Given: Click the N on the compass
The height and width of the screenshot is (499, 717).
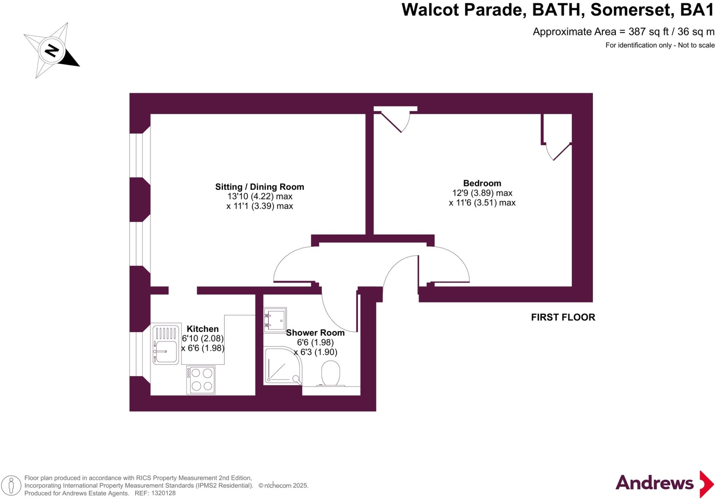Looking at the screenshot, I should [x=52, y=50].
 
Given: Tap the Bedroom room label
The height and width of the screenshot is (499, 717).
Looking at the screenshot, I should [x=482, y=183].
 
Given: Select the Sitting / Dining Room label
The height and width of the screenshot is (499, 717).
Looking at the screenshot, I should [x=259, y=187].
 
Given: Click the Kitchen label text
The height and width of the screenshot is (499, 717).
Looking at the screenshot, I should [x=202, y=329].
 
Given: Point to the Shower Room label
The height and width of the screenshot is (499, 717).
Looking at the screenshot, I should [x=315, y=333].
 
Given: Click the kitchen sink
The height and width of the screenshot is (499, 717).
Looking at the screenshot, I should [x=166, y=345].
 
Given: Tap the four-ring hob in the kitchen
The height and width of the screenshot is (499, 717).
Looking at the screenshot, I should [x=201, y=380].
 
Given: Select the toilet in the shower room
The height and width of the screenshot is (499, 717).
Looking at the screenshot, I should [x=330, y=373].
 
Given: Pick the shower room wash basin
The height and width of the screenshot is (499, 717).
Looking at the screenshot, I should [x=275, y=320].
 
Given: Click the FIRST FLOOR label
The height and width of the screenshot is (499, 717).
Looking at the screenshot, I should [x=563, y=317].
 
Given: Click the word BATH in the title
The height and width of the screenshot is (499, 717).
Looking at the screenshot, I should [x=558, y=10].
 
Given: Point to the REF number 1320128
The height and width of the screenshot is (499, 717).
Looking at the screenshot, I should [x=163, y=493].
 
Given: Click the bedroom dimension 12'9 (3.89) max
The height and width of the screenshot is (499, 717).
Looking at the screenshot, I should [x=482, y=193].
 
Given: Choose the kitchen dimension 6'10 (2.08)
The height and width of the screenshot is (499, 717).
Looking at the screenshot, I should [x=202, y=338].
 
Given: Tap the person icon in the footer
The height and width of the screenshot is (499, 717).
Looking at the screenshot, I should [x=11, y=485].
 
